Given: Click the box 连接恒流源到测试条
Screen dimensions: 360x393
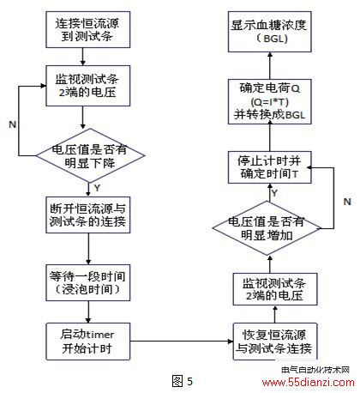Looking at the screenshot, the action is (x=88, y=29).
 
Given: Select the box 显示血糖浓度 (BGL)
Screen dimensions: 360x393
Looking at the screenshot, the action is (x=269, y=32).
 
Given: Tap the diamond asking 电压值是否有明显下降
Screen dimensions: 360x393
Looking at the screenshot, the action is (x=90, y=155).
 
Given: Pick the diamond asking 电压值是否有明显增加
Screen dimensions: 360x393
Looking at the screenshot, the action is (x=267, y=228).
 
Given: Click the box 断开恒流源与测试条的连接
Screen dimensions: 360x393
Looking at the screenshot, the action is (x=88, y=215).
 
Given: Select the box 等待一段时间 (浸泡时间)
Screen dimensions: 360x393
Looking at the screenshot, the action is (x=88, y=282).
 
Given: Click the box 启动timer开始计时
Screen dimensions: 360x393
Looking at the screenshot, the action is (x=88, y=342).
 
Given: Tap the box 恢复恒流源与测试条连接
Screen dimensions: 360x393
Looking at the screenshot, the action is (x=275, y=342).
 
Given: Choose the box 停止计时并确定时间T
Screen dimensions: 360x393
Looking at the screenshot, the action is (x=269, y=167).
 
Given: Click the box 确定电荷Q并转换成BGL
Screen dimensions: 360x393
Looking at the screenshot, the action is (x=269, y=102).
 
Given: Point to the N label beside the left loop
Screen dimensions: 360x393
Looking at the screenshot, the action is (x=13, y=124).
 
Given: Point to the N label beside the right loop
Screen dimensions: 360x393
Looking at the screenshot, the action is (x=347, y=202).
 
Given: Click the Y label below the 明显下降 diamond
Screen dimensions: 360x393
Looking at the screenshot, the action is (x=98, y=188).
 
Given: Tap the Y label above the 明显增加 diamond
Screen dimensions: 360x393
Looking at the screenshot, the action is (x=274, y=193).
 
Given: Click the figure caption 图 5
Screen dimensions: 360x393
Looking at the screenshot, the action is (x=183, y=381).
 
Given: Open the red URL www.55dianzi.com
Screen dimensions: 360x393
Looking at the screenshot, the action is (x=308, y=382).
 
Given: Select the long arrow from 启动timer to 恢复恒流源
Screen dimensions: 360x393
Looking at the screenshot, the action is (x=182, y=342).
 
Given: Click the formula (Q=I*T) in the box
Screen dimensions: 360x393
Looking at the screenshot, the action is (x=269, y=102).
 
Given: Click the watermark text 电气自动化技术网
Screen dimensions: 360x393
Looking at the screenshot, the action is (x=315, y=370).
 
